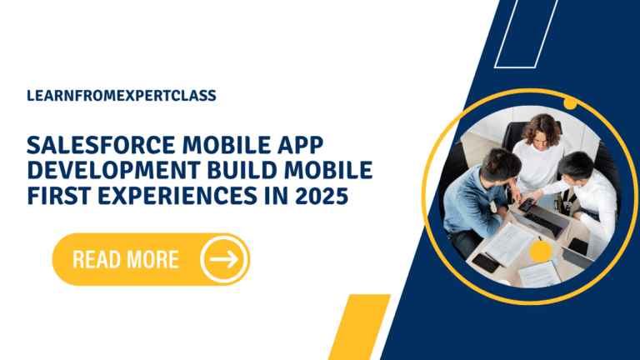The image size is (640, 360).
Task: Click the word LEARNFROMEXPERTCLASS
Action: [122, 95]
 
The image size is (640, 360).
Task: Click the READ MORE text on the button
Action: [126, 259]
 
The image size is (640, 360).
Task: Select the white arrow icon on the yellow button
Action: [222, 259]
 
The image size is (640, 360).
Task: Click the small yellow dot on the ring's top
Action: [571, 103]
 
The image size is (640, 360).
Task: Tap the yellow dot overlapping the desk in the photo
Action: [540, 250]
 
